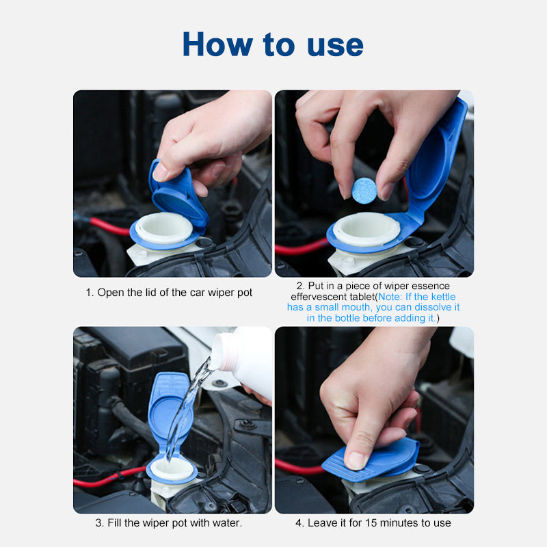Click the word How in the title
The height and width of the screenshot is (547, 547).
pos(217,44)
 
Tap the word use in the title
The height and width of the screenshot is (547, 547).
pos(335,46)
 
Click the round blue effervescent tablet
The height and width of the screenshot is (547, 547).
pos(364,191)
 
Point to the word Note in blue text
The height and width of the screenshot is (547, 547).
pos(389,297)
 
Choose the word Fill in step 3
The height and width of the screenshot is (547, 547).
pos(114,522)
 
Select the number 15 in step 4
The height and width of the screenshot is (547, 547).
pos(371,522)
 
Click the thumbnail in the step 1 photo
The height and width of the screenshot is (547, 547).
pos(160,172)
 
